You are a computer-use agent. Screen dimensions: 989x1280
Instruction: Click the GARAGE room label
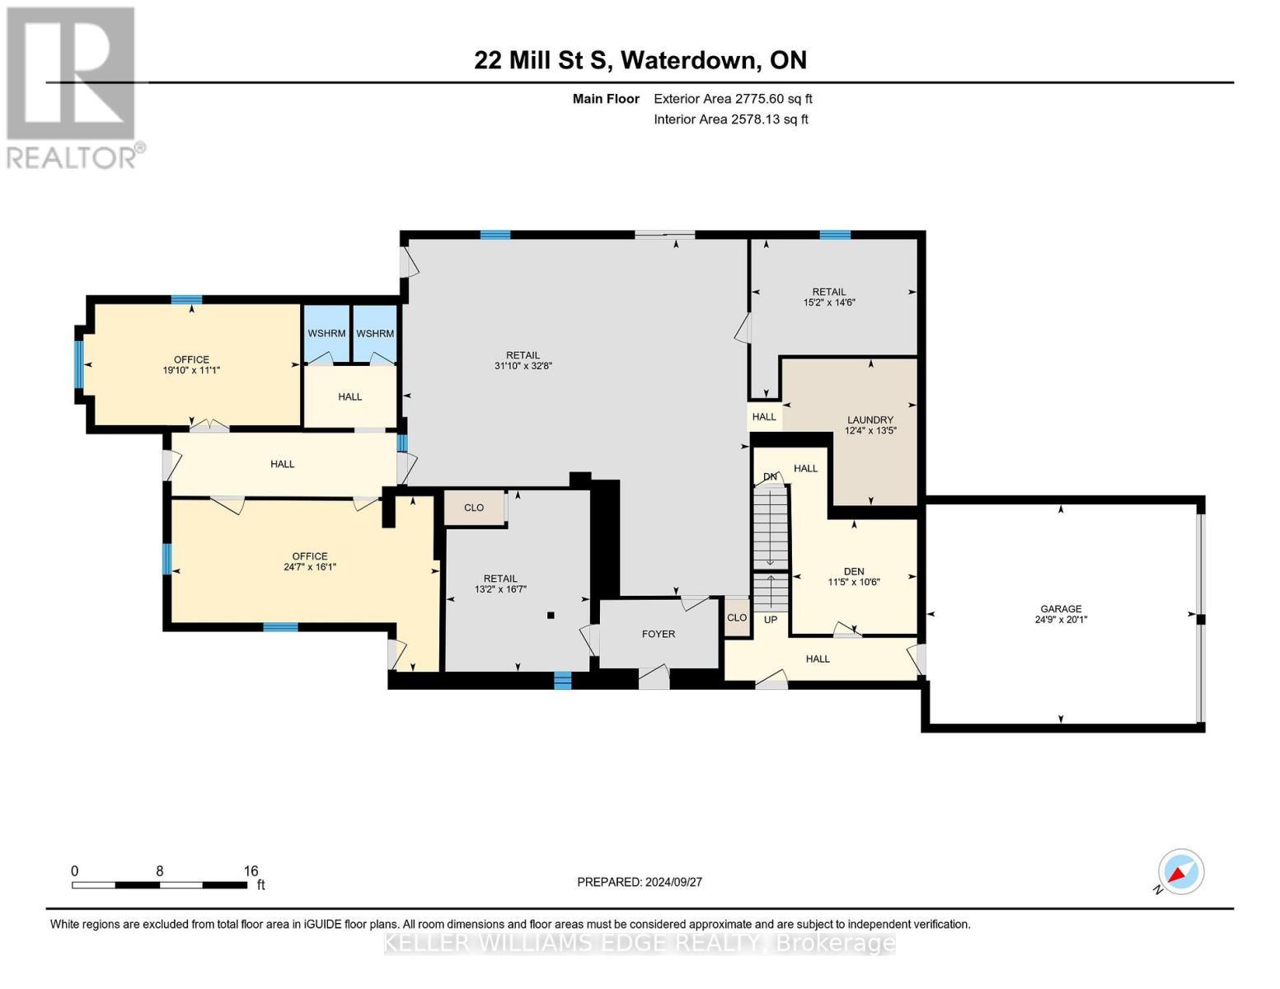pyautogui.click(x=1060, y=609)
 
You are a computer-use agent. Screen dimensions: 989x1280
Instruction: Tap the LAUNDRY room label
pyautogui.click(x=870, y=420)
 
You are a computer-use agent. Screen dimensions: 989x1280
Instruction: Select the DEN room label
pyautogui.click(x=853, y=571)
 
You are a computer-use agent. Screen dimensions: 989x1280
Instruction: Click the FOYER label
pyautogui.click(x=658, y=634)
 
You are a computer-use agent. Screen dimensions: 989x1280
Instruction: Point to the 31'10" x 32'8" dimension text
pyautogui.click(x=523, y=366)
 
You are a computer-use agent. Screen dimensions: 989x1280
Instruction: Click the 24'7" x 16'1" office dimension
pyautogui.click(x=309, y=567)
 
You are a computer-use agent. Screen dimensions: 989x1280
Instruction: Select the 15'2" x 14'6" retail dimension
pyautogui.click(x=829, y=302)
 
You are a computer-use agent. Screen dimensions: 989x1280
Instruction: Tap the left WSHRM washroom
pyautogui.click(x=326, y=334)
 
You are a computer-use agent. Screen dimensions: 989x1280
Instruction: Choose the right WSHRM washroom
pyautogui.click(x=375, y=334)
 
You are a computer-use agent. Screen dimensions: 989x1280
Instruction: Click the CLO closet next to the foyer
pyautogui.click(x=736, y=617)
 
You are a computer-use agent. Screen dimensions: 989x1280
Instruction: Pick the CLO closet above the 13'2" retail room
pyautogui.click(x=473, y=508)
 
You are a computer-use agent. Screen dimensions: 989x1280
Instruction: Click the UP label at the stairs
pyautogui.click(x=770, y=620)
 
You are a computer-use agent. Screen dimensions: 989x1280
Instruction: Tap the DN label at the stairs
pyautogui.click(x=770, y=477)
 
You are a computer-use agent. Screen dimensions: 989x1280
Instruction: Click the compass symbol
pyautogui.click(x=1180, y=872)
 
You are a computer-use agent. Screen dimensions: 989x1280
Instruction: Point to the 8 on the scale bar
pyautogui.click(x=159, y=871)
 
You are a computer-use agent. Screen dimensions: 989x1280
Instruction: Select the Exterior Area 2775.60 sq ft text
pyautogui.click(x=733, y=99)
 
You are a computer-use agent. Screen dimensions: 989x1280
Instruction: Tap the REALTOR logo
pyautogui.click(x=73, y=87)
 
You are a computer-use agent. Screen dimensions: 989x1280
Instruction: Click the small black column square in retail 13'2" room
pyautogui.click(x=551, y=615)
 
